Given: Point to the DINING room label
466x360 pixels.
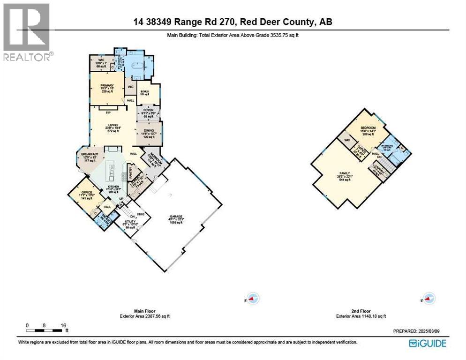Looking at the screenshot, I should point(149,131).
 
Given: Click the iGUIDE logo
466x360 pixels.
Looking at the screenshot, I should point(427,344).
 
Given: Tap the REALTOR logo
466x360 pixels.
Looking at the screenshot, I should point(27,32).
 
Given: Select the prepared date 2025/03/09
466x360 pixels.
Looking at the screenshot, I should point(434,331).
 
